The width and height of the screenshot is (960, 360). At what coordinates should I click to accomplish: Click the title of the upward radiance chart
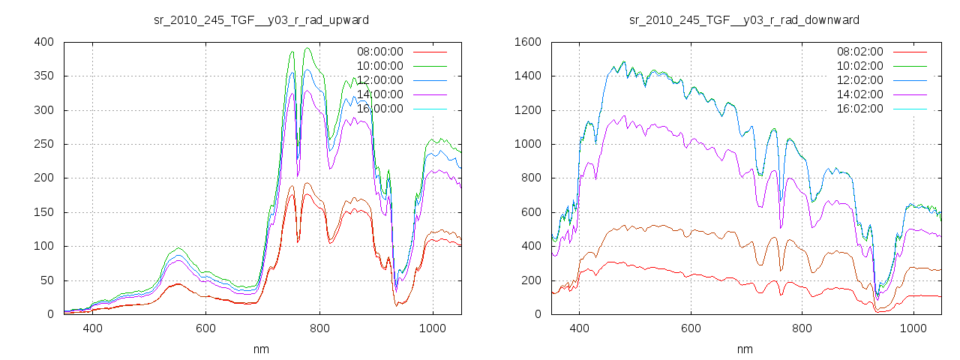click(261, 19)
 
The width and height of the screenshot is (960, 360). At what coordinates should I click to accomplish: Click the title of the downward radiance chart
click(744, 19)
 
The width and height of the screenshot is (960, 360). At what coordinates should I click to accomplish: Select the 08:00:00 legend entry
click(379, 52)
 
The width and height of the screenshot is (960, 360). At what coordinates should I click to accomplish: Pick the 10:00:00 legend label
click(379, 66)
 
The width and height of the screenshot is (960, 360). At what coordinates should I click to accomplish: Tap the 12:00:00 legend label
click(379, 80)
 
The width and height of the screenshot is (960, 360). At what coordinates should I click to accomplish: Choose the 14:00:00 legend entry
click(379, 94)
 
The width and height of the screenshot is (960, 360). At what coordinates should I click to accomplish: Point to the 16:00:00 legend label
click(379, 109)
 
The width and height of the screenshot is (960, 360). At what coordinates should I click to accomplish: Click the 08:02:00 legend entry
click(859, 52)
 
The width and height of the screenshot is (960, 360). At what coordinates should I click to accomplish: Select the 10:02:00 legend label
click(859, 66)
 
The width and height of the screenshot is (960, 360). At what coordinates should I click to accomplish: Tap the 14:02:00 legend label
click(859, 94)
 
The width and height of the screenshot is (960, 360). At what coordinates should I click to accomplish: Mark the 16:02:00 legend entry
click(859, 109)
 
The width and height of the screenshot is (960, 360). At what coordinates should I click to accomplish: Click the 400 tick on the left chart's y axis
click(43, 42)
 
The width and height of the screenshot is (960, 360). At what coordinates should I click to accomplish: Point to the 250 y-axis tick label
click(43, 144)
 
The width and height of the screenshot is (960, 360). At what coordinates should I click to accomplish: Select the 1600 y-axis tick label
click(526, 42)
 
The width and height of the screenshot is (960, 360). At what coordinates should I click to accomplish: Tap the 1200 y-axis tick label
click(526, 110)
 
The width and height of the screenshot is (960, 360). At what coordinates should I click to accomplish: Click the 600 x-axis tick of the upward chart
click(205, 328)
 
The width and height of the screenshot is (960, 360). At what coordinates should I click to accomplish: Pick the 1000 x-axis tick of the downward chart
click(913, 328)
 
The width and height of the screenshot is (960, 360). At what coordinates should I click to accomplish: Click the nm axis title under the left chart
click(262, 349)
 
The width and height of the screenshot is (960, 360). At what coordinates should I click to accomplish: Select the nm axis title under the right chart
click(745, 349)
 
